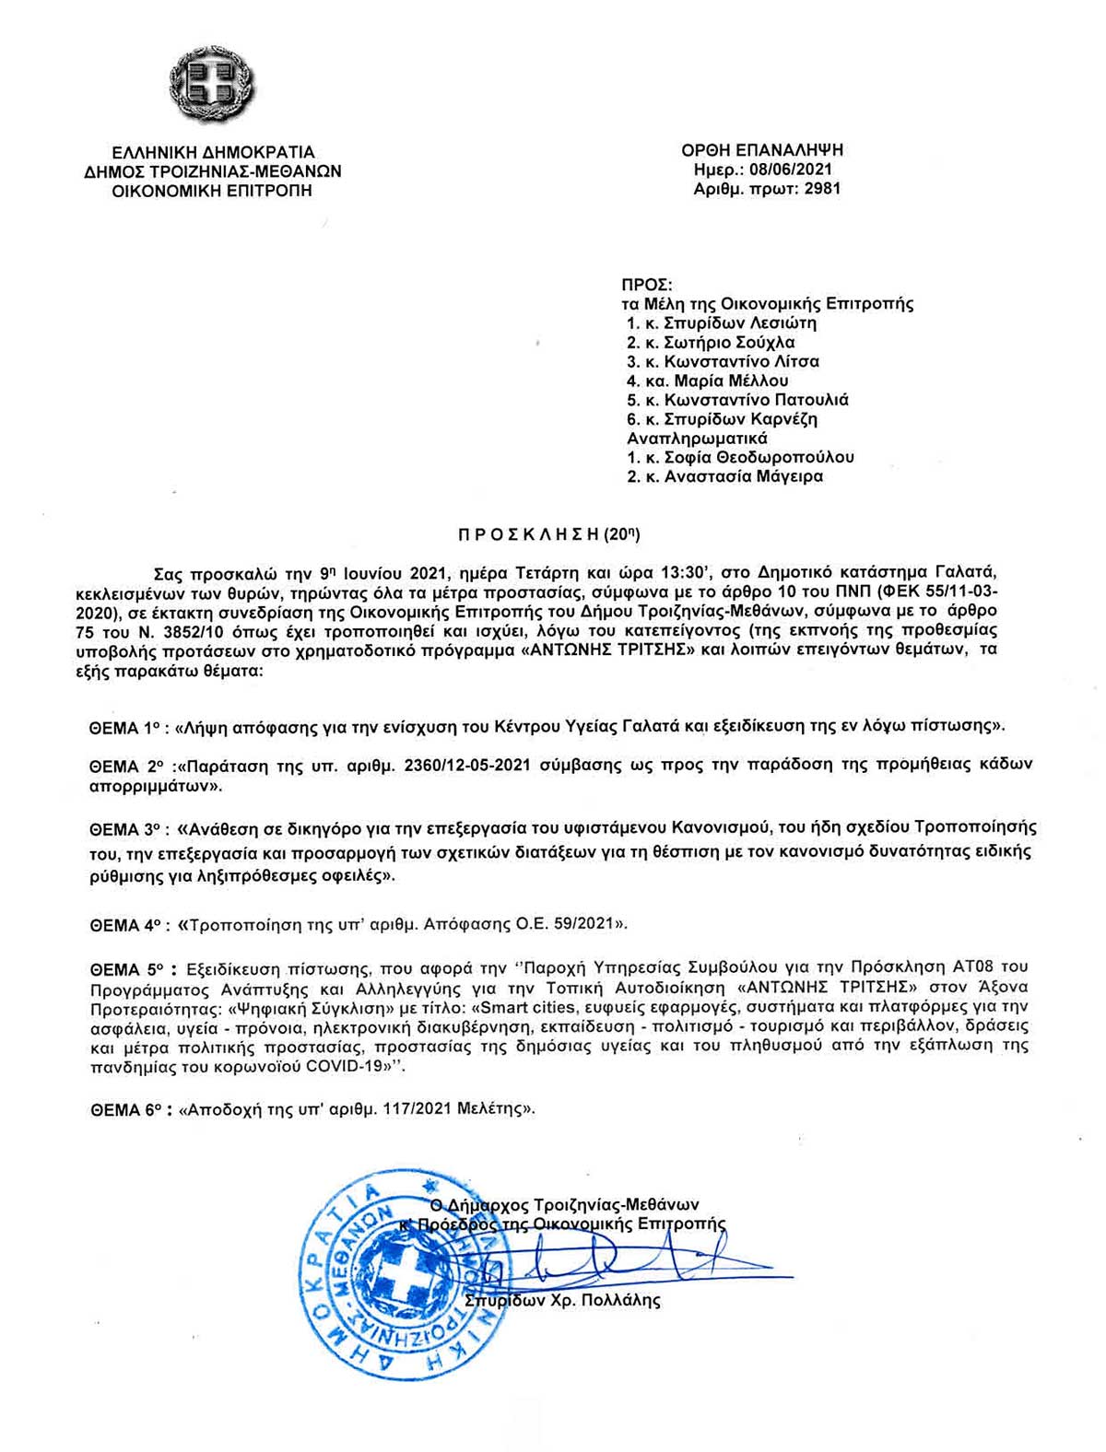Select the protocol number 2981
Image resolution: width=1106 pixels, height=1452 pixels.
pos(822,189)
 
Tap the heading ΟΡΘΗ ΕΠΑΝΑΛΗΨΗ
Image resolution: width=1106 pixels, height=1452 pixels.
pos(762,150)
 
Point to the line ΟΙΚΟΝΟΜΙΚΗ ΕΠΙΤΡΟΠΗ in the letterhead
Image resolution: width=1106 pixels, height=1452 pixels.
pos(212,191)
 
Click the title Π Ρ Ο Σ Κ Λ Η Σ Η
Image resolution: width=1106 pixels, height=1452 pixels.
pos(529,533)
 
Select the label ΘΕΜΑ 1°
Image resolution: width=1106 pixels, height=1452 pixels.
pos(125,727)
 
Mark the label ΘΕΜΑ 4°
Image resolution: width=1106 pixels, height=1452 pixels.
pos(128,924)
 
